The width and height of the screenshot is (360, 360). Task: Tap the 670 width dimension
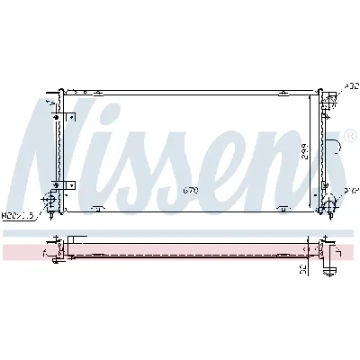pyautogui.click(x=189, y=190)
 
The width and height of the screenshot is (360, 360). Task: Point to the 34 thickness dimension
pyautogui.click(x=303, y=267)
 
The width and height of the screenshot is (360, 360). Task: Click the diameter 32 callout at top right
pyautogui.click(x=350, y=86)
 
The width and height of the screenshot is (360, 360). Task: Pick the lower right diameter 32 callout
pyautogui.click(x=350, y=192)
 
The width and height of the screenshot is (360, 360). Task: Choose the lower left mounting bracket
pyautogui.click(x=68, y=184)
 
